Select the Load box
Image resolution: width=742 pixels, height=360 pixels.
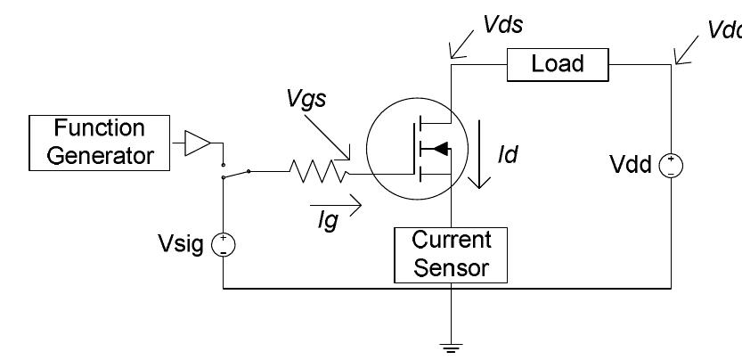pos(557,63)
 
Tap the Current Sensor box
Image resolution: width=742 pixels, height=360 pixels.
pos(451,253)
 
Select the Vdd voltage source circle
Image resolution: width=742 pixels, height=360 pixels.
pos(671,165)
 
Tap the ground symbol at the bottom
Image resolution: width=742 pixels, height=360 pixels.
pos(451,345)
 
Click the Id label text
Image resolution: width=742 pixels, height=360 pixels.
pos(509,155)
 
